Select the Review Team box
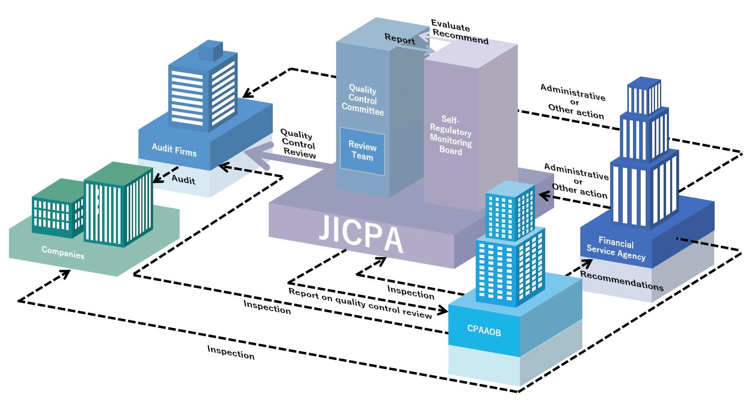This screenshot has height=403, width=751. [362, 151]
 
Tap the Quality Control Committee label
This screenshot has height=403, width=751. [363, 101]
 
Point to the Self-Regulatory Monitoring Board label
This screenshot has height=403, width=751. [450, 135]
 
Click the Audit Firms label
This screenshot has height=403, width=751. [174, 150]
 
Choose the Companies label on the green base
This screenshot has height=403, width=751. [63, 253]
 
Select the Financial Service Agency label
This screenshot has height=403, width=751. [616, 249]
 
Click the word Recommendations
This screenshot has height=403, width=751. [622, 281]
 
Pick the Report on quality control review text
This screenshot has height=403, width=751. [360, 303]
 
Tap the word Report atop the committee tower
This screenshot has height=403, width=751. [399, 39]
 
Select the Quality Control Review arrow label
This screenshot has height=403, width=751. [299, 144]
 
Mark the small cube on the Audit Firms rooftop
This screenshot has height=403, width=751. [210, 51]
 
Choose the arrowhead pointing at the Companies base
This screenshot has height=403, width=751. [65, 273]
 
